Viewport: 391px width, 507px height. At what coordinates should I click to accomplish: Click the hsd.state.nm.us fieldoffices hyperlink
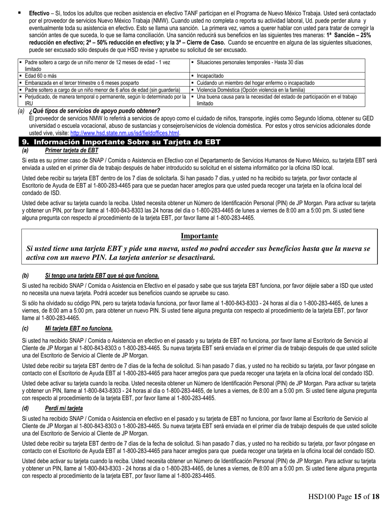pos(125,133)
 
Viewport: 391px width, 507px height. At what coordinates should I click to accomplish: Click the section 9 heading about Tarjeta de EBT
pos(121,142)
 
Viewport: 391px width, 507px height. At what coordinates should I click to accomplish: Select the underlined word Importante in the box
pos(199,236)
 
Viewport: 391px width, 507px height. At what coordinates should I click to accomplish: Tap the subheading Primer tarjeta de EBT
pos(72,150)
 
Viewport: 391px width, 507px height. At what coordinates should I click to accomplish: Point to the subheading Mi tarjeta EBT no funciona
pos(79,329)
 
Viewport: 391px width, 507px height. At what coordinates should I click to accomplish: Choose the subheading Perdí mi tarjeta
pos(64,408)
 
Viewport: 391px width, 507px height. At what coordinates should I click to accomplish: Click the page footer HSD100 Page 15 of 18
pos(344,497)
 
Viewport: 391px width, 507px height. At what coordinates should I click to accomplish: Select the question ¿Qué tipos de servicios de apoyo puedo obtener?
pos(94,111)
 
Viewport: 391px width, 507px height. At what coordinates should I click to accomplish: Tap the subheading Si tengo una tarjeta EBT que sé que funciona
pos(102,276)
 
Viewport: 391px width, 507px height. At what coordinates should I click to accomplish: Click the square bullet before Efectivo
pos(19,13)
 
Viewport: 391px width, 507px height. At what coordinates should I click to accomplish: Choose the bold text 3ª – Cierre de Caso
pos(200,43)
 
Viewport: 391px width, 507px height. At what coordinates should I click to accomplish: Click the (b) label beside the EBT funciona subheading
pos(26,276)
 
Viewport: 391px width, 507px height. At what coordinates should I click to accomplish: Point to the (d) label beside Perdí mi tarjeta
pos(26,408)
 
